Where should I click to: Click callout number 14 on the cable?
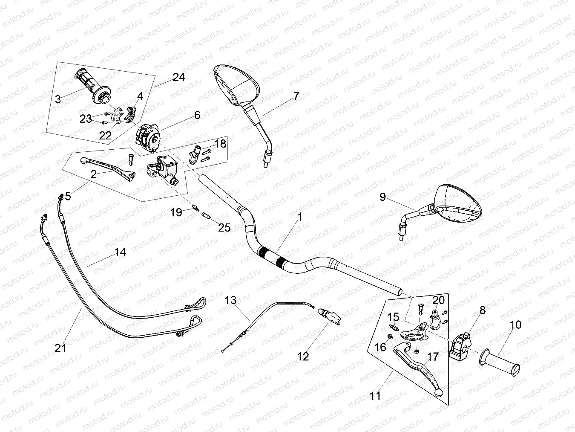(120, 252)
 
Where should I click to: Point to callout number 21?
(61, 348)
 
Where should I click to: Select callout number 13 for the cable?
(230, 301)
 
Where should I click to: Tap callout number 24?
(179, 78)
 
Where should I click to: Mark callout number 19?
(176, 212)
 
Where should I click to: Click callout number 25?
(224, 227)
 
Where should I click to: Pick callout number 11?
(375, 395)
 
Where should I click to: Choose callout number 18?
(220, 144)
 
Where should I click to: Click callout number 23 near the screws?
(86, 119)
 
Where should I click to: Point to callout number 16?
(380, 347)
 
